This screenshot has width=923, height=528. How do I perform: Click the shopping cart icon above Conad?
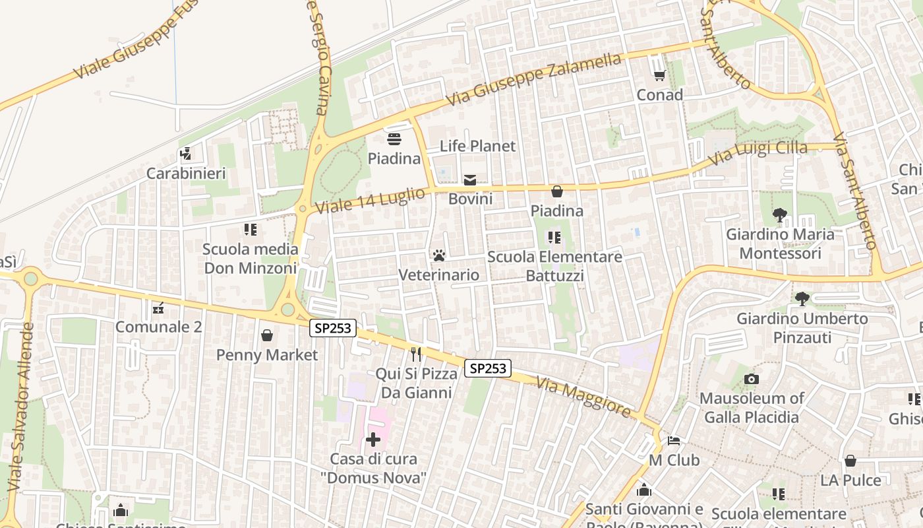[x=659, y=76]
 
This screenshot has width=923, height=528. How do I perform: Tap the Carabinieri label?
[x=186, y=174]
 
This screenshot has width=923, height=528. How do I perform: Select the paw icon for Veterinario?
[x=439, y=255]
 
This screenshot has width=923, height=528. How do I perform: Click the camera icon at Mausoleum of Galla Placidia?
[x=751, y=379]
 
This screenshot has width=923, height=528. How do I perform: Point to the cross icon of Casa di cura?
[x=373, y=440]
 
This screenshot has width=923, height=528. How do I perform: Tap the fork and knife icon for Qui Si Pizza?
[x=416, y=354]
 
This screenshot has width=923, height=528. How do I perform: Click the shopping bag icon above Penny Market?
[x=267, y=335]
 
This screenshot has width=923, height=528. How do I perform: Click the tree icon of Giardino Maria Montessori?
[x=780, y=215]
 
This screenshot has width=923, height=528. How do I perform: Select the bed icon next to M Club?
[x=674, y=440]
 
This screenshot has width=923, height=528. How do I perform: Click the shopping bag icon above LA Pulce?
[x=850, y=461]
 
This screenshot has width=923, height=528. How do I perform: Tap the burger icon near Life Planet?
[x=394, y=139]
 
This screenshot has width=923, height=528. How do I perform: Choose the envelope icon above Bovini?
[x=470, y=180]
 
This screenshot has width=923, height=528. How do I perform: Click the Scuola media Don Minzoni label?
[x=251, y=259]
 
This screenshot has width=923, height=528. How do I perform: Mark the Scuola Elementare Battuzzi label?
[x=554, y=266]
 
